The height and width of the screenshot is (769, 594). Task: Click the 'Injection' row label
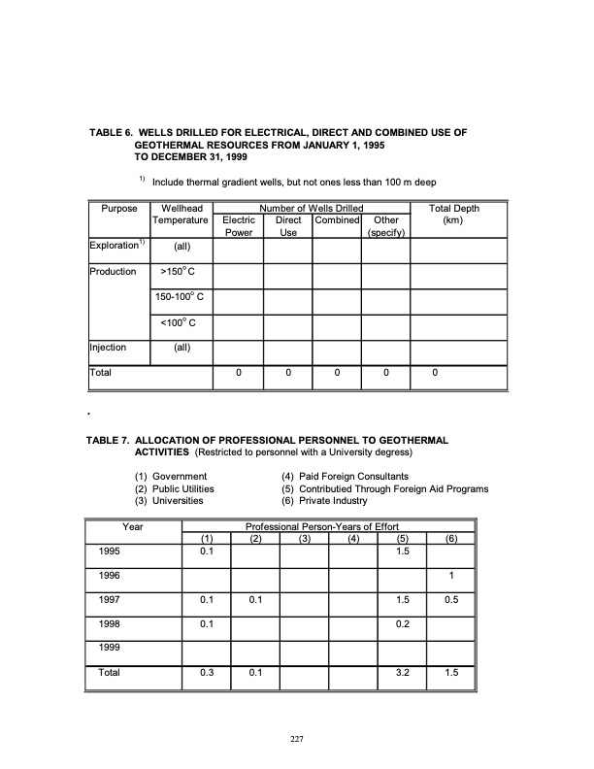pos(107,347)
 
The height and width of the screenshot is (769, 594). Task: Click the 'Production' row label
pos(113,272)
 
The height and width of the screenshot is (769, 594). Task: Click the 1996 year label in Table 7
pos(112,574)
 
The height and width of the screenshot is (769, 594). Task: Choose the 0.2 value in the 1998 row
pos(401,623)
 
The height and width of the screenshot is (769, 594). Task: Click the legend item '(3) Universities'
pos(169,501)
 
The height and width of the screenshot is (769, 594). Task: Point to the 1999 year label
pos(112,647)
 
